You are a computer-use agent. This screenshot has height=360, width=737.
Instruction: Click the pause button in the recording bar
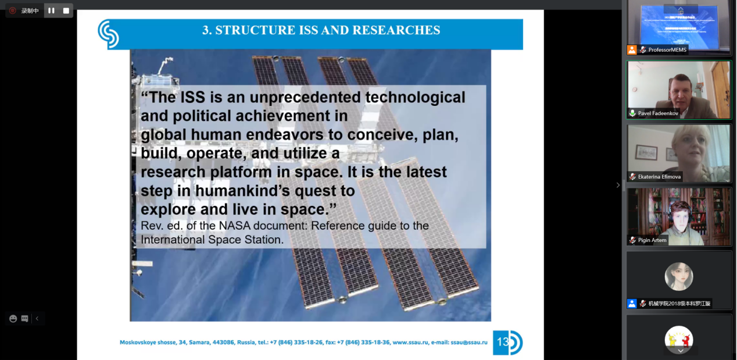(x=51, y=10)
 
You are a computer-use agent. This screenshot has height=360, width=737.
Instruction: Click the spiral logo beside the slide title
(x=109, y=34)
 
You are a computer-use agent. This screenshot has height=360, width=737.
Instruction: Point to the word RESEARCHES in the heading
(x=396, y=30)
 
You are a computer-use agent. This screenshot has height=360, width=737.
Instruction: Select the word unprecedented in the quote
(x=305, y=97)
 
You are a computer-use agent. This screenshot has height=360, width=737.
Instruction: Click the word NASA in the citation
(x=235, y=226)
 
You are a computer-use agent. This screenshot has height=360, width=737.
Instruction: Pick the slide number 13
(x=503, y=342)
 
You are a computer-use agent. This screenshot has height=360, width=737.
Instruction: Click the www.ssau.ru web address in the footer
(x=410, y=342)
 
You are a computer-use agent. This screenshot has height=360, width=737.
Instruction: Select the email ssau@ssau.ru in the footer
(x=469, y=342)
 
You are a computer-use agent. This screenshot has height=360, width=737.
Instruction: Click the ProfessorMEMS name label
(x=667, y=49)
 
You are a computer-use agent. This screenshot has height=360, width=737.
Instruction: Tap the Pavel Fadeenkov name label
(x=658, y=113)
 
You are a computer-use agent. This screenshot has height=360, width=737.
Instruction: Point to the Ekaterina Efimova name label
(x=659, y=177)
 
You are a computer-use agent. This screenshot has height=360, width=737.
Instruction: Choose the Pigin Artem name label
(x=652, y=240)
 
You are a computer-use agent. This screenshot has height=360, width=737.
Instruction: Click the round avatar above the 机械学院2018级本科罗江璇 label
(x=679, y=276)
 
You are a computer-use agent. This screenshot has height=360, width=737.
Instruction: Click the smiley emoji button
(x=13, y=319)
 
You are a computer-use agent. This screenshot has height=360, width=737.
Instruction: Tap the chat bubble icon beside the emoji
(x=24, y=319)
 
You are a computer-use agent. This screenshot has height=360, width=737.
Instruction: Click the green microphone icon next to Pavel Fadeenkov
(x=632, y=113)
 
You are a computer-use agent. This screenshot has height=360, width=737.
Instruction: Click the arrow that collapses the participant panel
(x=618, y=186)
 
